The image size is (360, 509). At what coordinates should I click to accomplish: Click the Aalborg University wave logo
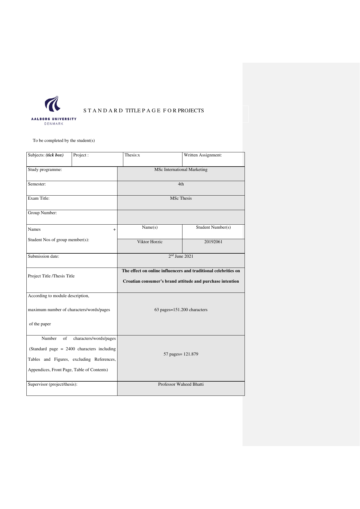pyautogui.click(x=53, y=104)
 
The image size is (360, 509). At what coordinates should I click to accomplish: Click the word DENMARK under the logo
pyautogui.click(x=54, y=124)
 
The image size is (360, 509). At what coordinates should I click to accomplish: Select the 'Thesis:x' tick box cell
pyautogui.click(x=132, y=155)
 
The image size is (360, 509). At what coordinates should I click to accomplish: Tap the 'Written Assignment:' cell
pyautogui.click(x=203, y=155)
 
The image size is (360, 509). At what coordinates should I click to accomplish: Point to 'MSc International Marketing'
pyautogui.click(x=181, y=170)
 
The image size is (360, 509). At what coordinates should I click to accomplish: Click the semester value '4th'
pyautogui.click(x=181, y=184)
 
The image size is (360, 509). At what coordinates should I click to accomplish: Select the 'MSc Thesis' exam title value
pyautogui.click(x=181, y=198)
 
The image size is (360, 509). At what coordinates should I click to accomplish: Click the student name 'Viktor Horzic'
pyautogui.click(x=150, y=242)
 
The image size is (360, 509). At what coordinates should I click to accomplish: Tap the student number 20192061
pyautogui.click(x=213, y=242)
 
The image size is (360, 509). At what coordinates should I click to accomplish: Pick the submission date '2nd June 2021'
pyautogui.click(x=181, y=256)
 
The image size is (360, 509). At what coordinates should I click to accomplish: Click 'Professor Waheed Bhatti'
pyautogui.click(x=181, y=385)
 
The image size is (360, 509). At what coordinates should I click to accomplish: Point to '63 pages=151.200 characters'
pyautogui.click(x=181, y=310)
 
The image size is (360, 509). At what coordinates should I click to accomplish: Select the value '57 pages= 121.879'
pyautogui.click(x=181, y=354)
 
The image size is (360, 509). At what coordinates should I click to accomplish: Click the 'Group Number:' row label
pyautogui.click(x=42, y=213)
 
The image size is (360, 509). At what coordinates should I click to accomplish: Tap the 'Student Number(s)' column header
pyautogui.click(x=213, y=228)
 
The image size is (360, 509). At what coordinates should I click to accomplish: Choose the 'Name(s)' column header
pyautogui.click(x=150, y=228)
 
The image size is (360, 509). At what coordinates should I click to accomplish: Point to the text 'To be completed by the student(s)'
pyautogui.click(x=64, y=141)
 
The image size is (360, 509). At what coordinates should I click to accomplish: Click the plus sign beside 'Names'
pyautogui.click(x=114, y=230)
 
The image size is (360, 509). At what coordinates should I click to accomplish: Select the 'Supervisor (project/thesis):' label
pyautogui.click(x=53, y=385)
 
